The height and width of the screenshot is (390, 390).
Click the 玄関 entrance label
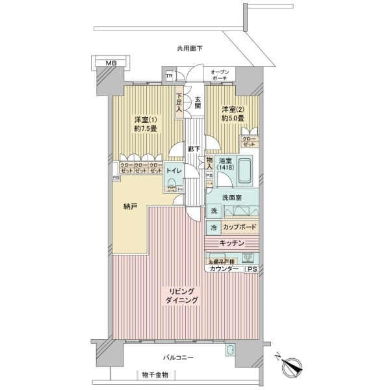[197, 102]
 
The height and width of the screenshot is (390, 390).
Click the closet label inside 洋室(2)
[248, 142]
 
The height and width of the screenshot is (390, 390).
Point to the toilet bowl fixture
[171, 188]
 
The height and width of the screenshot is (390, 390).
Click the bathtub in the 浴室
[245, 172]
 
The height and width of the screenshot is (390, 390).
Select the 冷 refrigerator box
[213, 228]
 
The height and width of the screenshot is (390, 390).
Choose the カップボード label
[239, 228]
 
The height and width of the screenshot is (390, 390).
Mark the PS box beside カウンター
[252, 269]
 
